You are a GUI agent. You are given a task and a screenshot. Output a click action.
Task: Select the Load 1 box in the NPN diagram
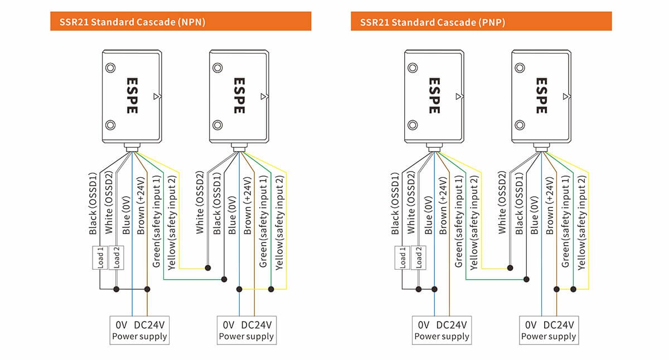click(x=100, y=257)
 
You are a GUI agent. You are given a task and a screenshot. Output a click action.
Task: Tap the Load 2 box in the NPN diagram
click(x=116, y=257)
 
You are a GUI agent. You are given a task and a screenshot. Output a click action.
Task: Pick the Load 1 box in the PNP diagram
click(x=403, y=257)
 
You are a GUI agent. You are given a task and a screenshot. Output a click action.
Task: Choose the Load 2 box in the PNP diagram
click(x=418, y=257)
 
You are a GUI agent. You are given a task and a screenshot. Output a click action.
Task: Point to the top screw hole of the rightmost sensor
click(x=520, y=68)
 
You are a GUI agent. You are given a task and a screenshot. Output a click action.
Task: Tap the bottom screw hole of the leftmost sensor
click(x=110, y=124)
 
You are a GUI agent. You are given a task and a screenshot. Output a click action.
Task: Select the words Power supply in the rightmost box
click(x=549, y=337)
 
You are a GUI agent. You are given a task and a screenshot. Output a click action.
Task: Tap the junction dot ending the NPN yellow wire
click(x=208, y=268)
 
